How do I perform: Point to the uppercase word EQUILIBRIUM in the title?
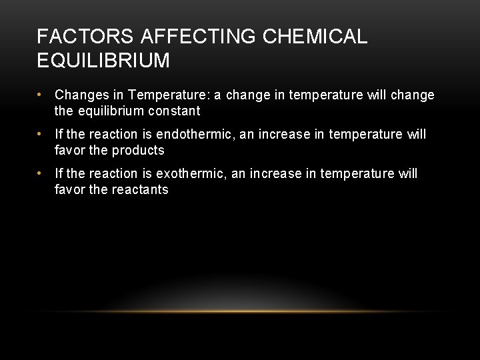tap(104, 61)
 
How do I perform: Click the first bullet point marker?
tap(41, 95)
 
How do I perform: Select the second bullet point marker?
tap(41, 135)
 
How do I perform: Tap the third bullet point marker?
tap(41, 174)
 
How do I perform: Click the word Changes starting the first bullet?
tap(79, 95)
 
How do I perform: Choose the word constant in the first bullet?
tap(177, 111)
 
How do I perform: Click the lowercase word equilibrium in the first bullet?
tap(111, 111)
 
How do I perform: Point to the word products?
tap(139, 150)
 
